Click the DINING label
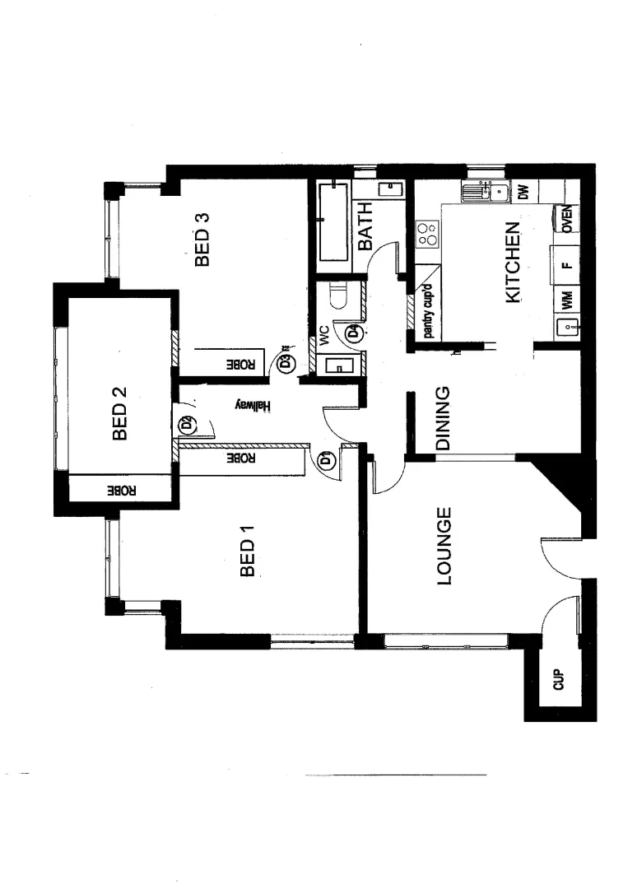tap(442, 418)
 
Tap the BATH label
tap(365, 226)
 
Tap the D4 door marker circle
tap(353, 333)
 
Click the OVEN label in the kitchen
tap(567, 220)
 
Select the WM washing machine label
tap(566, 300)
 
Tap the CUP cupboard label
tap(558, 680)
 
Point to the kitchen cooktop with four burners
tap(427, 234)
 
